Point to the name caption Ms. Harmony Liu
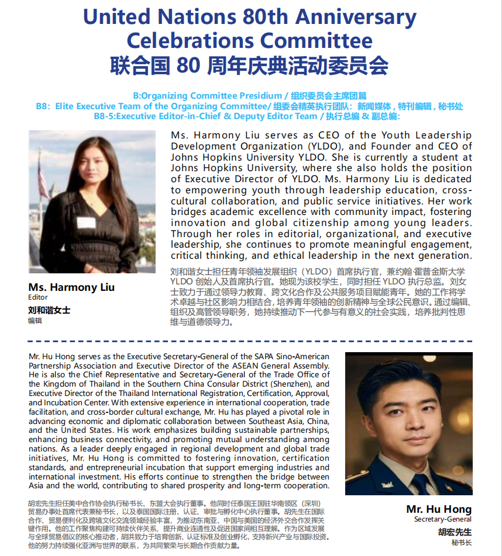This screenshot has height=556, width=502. tap(71, 287)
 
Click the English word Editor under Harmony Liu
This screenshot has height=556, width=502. tap(38, 297)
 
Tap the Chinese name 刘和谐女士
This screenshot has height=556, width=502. tap(49, 310)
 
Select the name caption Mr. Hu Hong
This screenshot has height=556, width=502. tap(439, 509)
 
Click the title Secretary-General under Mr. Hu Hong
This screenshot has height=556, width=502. tap(442, 519)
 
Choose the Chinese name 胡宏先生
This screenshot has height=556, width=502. tap(455, 532)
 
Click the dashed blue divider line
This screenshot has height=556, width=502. tap(250, 341)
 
